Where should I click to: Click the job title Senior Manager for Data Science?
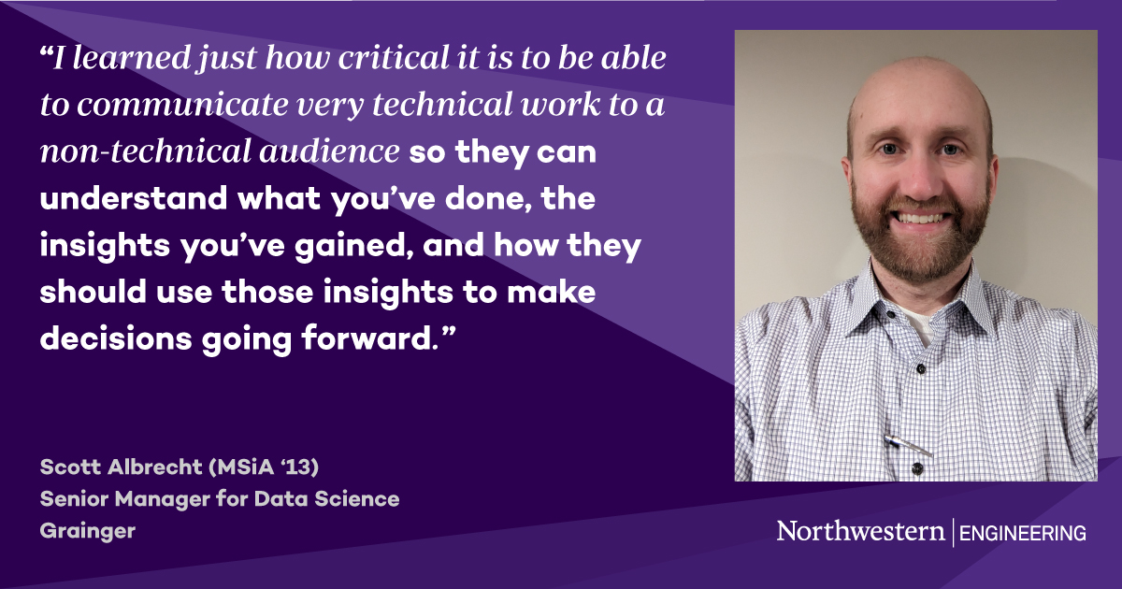click(220, 499)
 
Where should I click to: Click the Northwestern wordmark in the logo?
click(860, 532)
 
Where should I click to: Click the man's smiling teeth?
click(920, 218)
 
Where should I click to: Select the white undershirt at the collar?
click(922, 324)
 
